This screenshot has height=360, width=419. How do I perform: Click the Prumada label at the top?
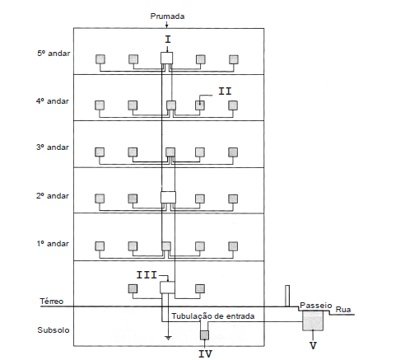pyautogui.click(x=167, y=16)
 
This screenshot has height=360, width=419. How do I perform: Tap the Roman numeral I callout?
pyautogui.click(x=168, y=40)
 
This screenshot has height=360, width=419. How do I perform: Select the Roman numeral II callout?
pyautogui.click(x=225, y=91)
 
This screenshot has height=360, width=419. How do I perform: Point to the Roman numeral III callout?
pyautogui.click(x=147, y=275)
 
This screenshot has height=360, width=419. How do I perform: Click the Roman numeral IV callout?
pyautogui.click(x=205, y=353)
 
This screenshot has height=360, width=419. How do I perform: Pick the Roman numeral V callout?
pyautogui.click(x=313, y=345)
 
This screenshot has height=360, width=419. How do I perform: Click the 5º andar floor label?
pyautogui.click(x=54, y=54)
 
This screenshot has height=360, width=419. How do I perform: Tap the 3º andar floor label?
pyautogui.click(x=53, y=147)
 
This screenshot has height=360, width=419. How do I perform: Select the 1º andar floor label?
pyautogui.click(x=53, y=244)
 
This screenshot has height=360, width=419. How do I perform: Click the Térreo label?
pyautogui.click(x=52, y=302)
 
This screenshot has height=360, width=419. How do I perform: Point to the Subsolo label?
pyautogui.click(x=54, y=330)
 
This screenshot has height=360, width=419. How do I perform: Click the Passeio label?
pyautogui.click(x=316, y=306)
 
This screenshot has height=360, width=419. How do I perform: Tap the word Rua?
pyautogui.click(x=343, y=310)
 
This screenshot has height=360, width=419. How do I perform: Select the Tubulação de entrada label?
pyautogui.click(x=213, y=316)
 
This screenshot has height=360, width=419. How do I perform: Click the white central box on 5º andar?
pyautogui.click(x=166, y=58)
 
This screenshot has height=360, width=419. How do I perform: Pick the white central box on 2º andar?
pyautogui.click(x=168, y=198)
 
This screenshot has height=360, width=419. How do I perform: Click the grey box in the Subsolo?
pyautogui.click(x=204, y=335)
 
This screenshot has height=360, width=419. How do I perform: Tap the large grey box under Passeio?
pyautogui.click(x=313, y=320)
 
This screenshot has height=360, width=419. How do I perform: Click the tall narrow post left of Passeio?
pyautogui.click(x=287, y=296)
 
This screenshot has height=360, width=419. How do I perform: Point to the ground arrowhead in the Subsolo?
pyautogui.click(x=168, y=339)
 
